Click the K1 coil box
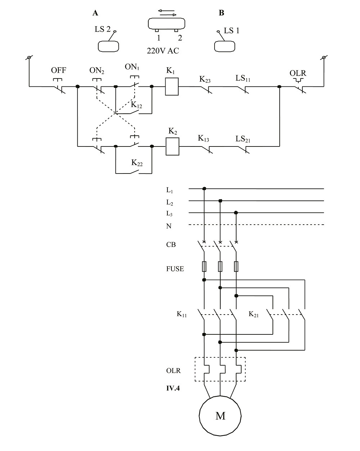(x=172, y=87)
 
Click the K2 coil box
(x=172, y=146)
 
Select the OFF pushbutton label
(x=59, y=70)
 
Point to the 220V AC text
(x=163, y=51)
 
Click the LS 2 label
(x=103, y=29)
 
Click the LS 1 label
(x=231, y=31)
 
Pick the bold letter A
(x=95, y=13)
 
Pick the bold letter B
(x=221, y=13)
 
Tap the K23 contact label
(x=205, y=79)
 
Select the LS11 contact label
(x=243, y=78)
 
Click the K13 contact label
(x=203, y=139)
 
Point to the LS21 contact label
(x=243, y=139)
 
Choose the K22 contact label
(x=137, y=163)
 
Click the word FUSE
(x=175, y=269)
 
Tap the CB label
(x=171, y=245)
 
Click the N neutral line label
(x=169, y=226)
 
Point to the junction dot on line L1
(x=204, y=188)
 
